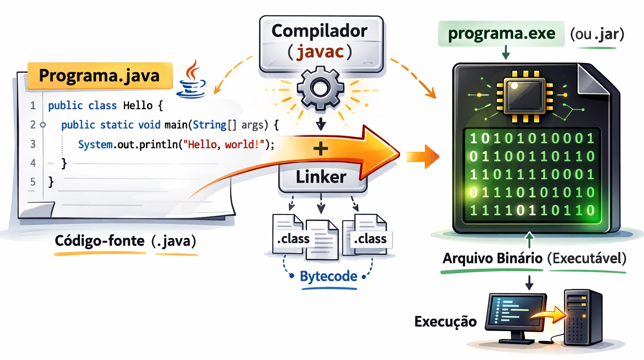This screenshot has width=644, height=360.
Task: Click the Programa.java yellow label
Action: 99,75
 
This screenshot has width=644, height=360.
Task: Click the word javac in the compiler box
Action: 320,52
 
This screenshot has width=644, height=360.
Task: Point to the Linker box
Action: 321,177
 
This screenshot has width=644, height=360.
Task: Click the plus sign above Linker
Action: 320,150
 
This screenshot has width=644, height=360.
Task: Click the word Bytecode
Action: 328,276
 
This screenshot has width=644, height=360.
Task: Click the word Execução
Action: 445,322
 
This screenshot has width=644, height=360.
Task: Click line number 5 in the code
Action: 32,182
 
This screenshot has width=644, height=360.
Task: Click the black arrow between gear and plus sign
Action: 320,123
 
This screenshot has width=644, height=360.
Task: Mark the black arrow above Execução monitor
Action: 529,282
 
